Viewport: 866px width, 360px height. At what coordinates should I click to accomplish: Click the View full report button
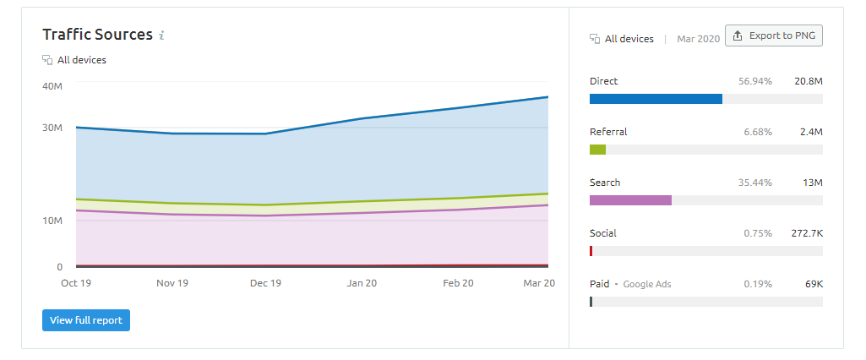click(86, 320)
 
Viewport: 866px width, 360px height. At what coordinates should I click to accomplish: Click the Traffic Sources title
click(97, 35)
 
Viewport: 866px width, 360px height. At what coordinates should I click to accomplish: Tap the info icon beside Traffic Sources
click(161, 35)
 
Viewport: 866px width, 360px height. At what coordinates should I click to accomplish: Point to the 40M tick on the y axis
click(52, 85)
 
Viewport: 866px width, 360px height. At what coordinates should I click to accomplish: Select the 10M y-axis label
click(52, 221)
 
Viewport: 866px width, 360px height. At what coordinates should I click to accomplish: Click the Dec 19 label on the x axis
click(266, 283)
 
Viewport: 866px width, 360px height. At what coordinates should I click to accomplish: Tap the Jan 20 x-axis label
click(362, 283)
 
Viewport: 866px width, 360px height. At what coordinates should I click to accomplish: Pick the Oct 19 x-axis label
click(76, 283)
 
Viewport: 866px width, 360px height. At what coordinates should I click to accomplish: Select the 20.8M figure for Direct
click(808, 81)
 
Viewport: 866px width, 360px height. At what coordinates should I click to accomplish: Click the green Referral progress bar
click(597, 150)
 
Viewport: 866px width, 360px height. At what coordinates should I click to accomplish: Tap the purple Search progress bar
click(630, 200)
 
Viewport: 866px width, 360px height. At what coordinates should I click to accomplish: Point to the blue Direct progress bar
click(656, 99)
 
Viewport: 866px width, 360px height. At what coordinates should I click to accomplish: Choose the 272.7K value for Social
click(802, 233)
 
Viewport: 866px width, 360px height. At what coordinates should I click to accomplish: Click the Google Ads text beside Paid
click(647, 284)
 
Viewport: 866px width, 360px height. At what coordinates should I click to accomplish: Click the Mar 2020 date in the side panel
click(698, 39)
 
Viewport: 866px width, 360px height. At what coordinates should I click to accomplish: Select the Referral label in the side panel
click(608, 132)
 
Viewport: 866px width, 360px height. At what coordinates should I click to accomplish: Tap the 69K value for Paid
click(813, 284)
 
